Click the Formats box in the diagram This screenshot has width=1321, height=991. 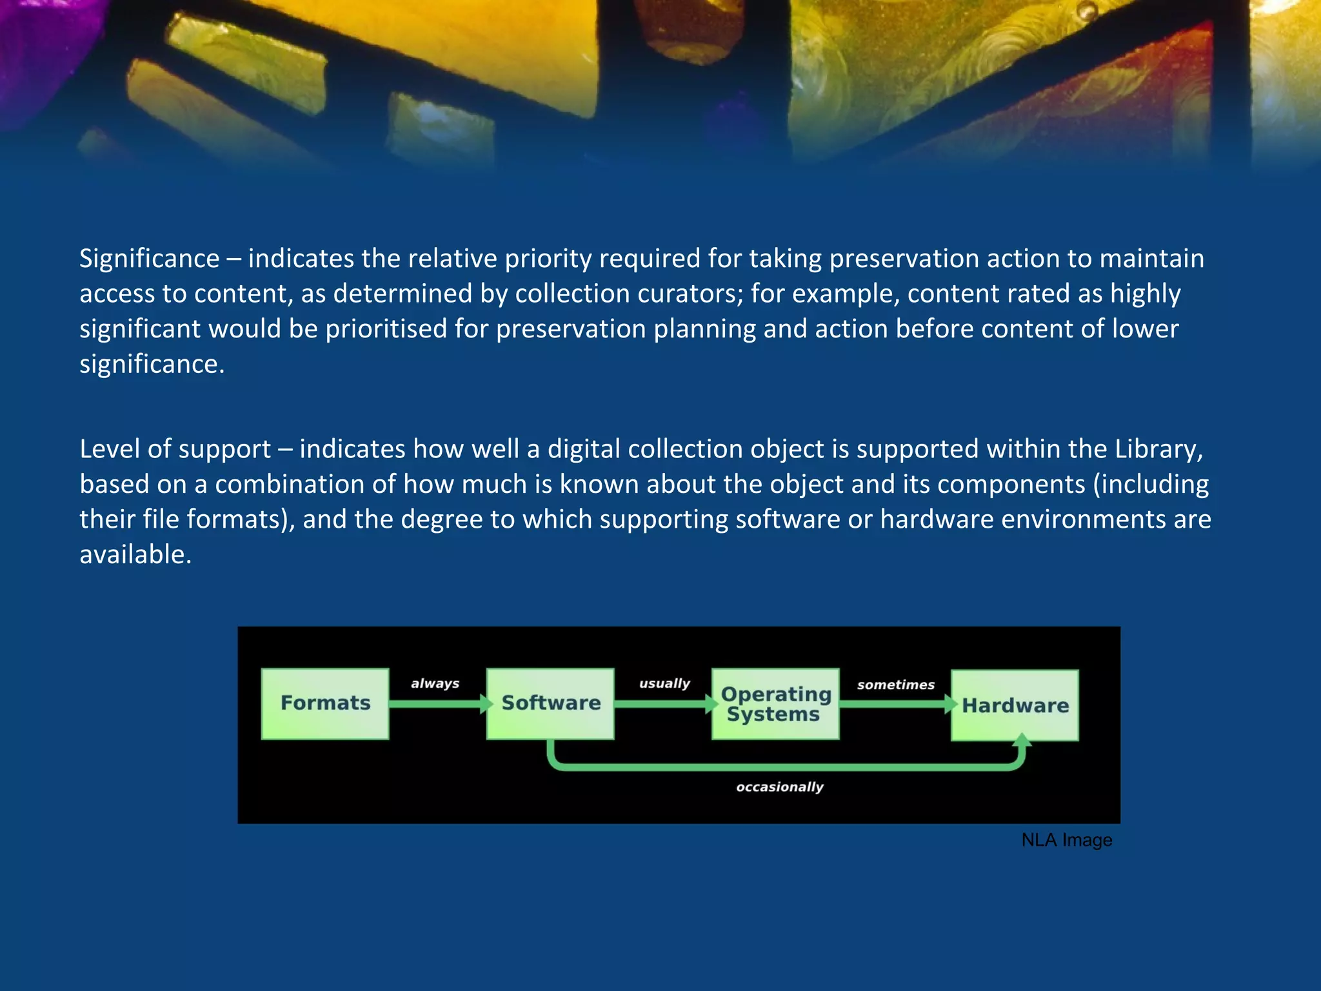point(325,703)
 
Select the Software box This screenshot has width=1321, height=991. point(550,703)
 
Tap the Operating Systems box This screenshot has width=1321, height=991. point(775,704)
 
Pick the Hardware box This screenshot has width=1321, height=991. point(1015,705)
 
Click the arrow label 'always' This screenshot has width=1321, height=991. point(435,683)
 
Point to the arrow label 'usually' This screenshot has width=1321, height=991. point(664,683)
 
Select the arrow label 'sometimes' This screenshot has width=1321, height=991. point(896,685)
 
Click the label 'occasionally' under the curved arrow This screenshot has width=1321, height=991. point(780,787)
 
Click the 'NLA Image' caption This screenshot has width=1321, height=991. point(1067,840)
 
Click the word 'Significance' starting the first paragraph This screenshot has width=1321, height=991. point(150,259)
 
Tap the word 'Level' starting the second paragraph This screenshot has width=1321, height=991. point(110,449)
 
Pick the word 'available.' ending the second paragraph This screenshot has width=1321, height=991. point(135,555)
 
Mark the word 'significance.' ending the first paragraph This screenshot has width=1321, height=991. point(152,365)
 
